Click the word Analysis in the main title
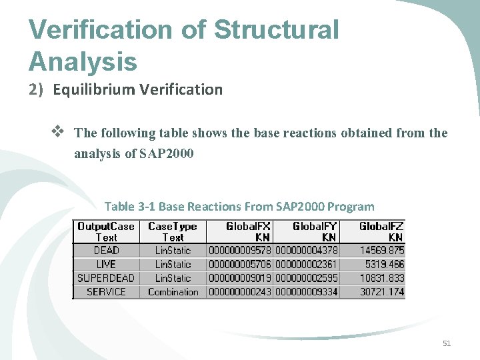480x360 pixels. [83, 61]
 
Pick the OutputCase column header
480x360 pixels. [106, 231]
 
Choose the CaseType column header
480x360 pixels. [173, 231]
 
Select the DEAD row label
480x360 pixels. [106, 251]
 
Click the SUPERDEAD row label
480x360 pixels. [106, 278]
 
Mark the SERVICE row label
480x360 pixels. [106, 292]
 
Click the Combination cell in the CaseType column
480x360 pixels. [173, 292]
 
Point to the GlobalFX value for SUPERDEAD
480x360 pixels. [240, 278]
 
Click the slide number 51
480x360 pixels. [447, 343]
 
